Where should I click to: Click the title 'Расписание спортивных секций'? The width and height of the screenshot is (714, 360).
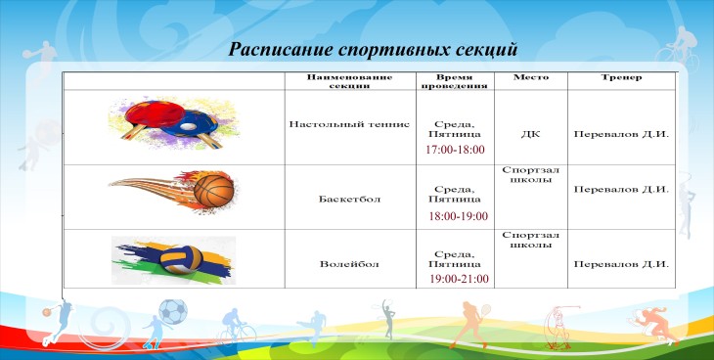coord(373,49)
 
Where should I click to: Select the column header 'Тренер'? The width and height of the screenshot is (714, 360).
coord(621,77)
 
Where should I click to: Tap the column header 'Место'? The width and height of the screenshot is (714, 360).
coord(531,77)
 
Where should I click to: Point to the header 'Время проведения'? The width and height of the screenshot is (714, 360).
coord(455,81)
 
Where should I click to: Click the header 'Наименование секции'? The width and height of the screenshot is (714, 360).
coord(349,81)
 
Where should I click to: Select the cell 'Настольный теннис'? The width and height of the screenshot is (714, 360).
coord(350,124)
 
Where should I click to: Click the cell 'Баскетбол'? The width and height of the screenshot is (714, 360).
coord(350,200)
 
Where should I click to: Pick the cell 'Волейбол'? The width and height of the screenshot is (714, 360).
coord(349,264)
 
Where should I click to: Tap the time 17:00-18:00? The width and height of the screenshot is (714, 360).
coord(456,150)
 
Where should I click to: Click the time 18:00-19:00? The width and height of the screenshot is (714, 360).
coord(458,216)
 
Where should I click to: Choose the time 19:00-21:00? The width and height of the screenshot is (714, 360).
coord(459,279)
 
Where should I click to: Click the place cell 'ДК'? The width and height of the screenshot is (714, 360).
coord(531,134)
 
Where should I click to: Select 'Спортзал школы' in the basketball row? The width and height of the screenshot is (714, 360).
coord(531,174)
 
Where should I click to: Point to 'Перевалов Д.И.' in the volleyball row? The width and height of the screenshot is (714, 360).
coord(621,264)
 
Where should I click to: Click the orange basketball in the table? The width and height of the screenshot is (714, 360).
coord(213,191)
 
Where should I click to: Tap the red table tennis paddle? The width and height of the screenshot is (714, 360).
coord(155,113)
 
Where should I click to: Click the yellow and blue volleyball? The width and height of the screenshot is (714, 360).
coord(182,260)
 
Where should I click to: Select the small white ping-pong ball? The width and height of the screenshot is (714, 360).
coord(191,126)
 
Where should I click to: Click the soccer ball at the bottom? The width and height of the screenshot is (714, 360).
coord(173,312)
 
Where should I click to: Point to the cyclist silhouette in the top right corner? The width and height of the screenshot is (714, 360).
coord(677,48)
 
